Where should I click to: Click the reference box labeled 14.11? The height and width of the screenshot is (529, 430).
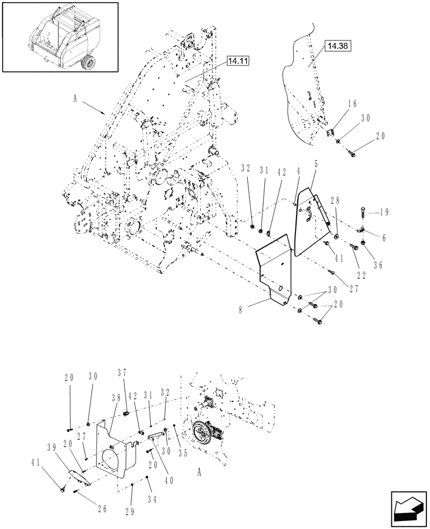click(x=238, y=62)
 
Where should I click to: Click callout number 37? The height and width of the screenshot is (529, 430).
click(x=126, y=374)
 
